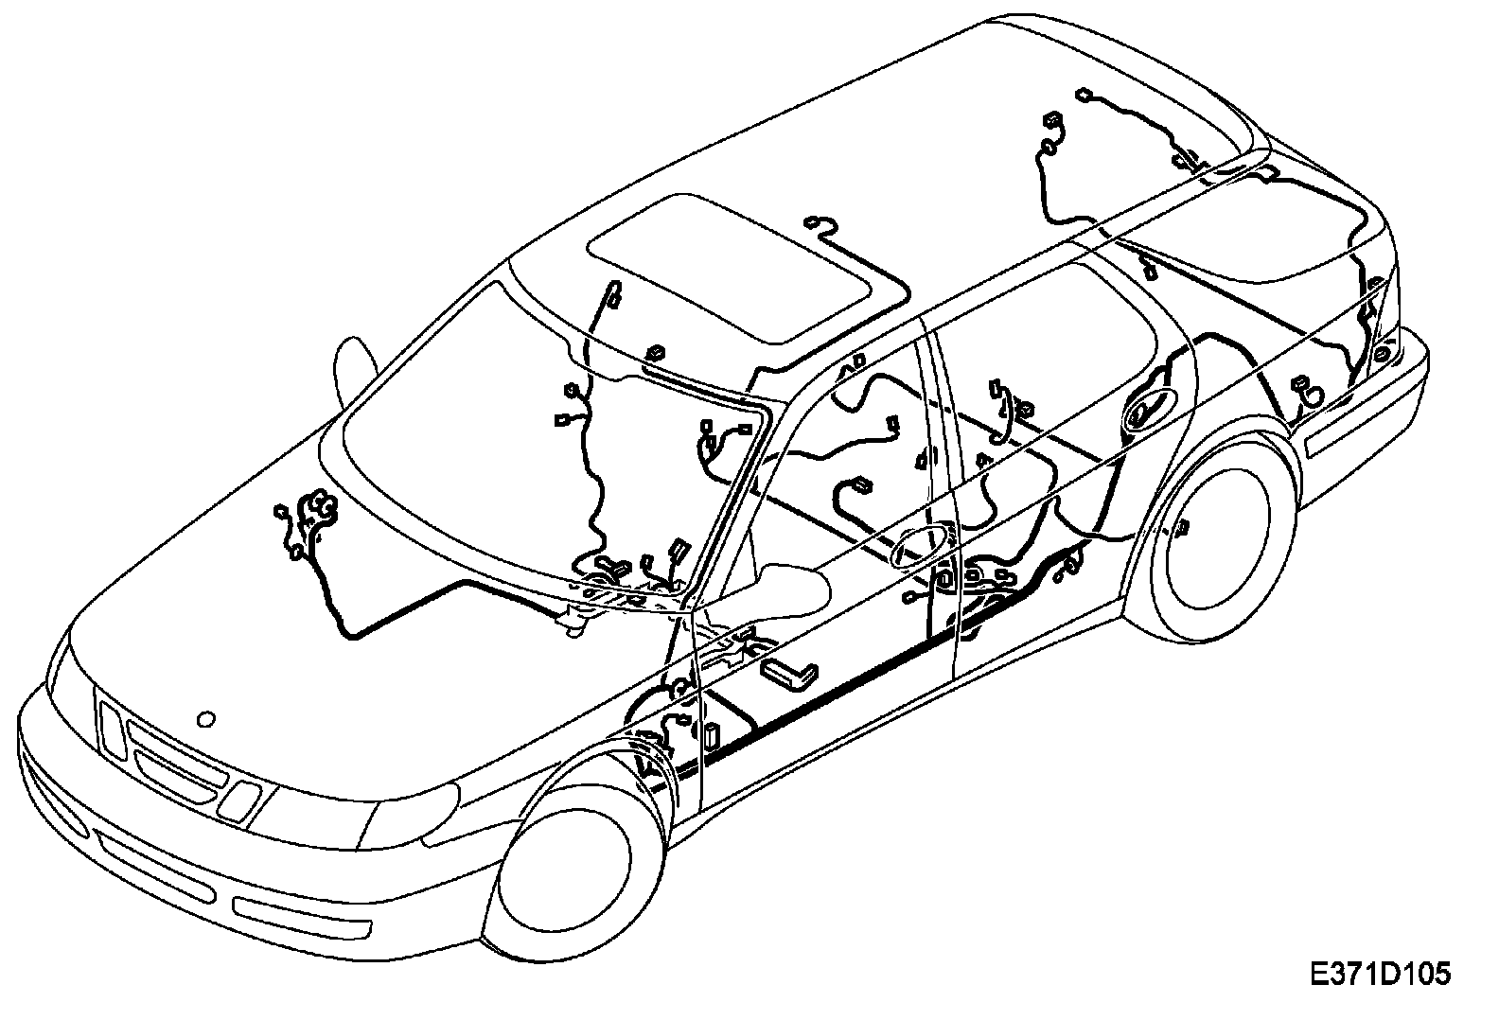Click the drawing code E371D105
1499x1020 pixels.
[1380, 974]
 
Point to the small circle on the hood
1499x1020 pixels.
[205, 719]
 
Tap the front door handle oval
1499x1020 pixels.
[922, 546]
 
